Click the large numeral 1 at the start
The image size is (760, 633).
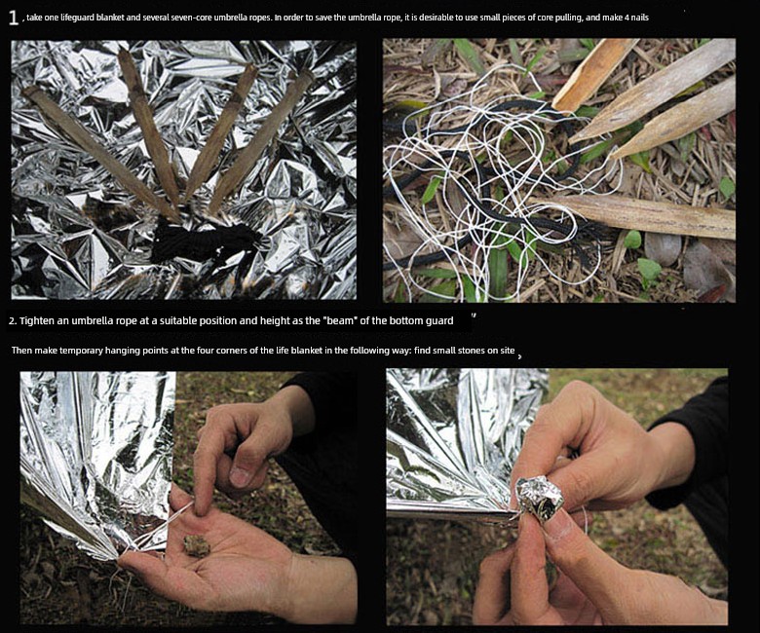coord(13,18)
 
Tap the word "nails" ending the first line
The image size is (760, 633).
coord(639,18)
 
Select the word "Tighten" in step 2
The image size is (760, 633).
coord(37,320)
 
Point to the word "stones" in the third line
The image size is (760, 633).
coord(471,351)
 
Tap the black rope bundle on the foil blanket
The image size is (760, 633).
coord(206,242)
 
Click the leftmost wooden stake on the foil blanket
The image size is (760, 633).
coord(99,151)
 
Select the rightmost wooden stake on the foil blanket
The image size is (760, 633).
coord(262,140)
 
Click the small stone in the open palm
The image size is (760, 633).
coord(197,545)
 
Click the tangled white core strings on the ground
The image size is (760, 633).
coord(499,184)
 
